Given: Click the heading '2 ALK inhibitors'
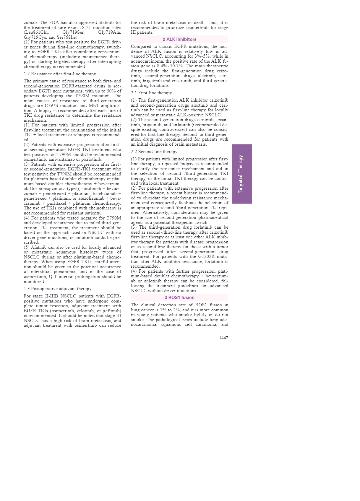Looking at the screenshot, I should pyautogui.click(x=179, y=39).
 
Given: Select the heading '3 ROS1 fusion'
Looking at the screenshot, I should pyautogui.click(x=179, y=297).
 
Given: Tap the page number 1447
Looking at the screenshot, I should pyautogui.click(x=223, y=338).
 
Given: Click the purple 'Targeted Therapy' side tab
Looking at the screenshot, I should pyautogui.click(x=242, y=174).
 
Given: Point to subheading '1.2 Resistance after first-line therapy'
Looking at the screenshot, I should pyautogui.click(x=60, y=74).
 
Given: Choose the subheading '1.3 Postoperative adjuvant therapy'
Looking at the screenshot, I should pyautogui.click(x=58, y=289).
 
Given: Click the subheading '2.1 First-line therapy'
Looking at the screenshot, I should pyautogui.click(x=151, y=93).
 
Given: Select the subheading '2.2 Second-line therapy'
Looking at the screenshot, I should pyautogui.click(x=154, y=152).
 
